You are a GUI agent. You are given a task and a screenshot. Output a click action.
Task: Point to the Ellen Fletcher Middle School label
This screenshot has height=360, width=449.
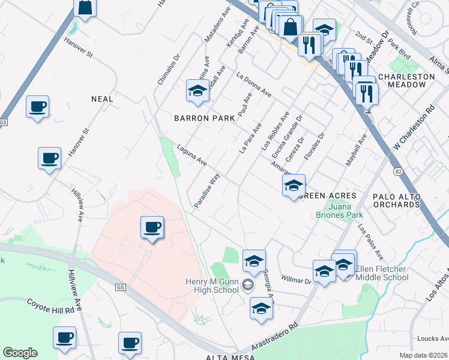pyautogui.click(x=382, y=273)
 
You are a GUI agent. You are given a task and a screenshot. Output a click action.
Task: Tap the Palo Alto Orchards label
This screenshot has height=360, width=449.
pyautogui.click(x=404, y=200)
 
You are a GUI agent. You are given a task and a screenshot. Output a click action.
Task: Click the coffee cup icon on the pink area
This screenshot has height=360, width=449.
pyautogui.click(x=152, y=227)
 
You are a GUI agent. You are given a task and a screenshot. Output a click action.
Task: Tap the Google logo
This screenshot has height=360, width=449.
pyautogui.click(x=20, y=353)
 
